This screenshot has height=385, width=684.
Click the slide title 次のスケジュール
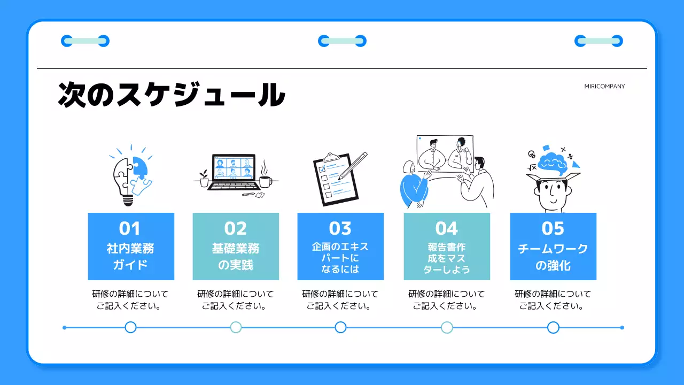tap(171, 95)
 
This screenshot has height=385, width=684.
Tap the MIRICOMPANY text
tap(604, 86)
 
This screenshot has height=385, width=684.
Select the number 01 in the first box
tap(129, 228)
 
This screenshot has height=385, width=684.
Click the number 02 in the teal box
tap(236, 228)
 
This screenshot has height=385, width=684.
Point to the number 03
tap(340, 228)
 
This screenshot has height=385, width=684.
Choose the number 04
tap(446, 228)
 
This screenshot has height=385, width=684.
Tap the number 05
tap(553, 228)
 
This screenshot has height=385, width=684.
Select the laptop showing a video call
tap(234, 171)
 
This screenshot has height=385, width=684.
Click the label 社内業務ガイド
tap(130, 256)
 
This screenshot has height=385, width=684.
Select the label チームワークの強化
tap(553, 256)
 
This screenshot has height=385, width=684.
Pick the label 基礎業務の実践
tap(236, 256)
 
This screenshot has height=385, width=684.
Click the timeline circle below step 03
tap(340, 327)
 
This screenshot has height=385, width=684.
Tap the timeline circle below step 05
tap(553, 327)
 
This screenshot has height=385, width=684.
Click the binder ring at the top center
tap(342, 41)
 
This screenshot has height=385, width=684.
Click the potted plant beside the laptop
tap(204, 179)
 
